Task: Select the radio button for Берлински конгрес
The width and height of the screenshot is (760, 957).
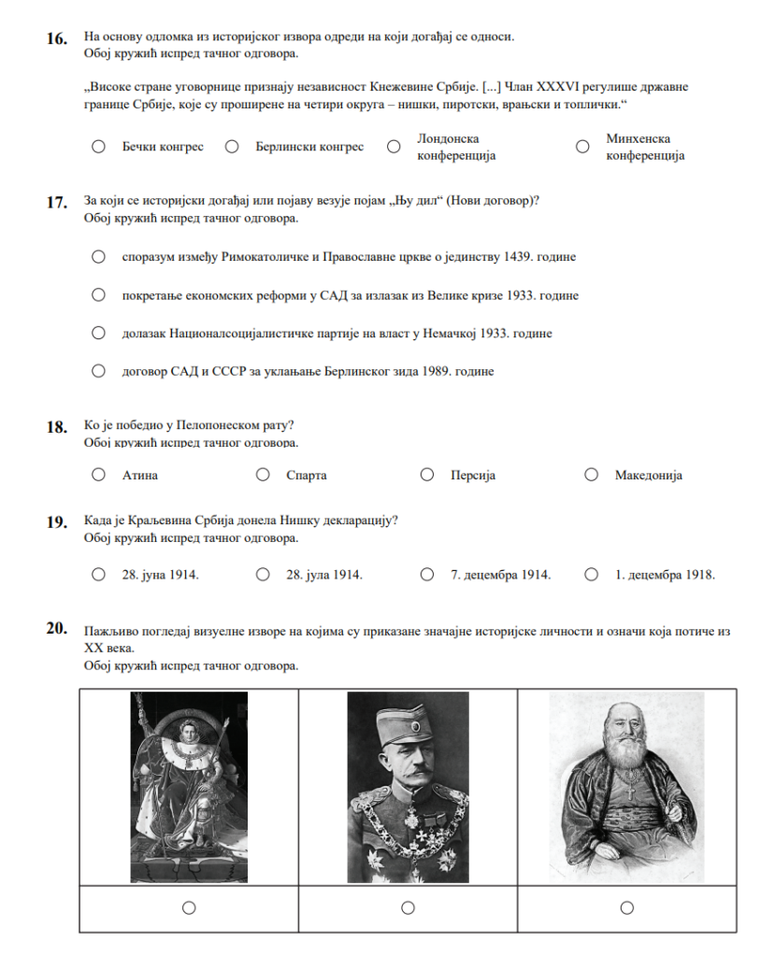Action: coord(234,147)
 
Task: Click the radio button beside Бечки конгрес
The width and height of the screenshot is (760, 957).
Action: coord(98,147)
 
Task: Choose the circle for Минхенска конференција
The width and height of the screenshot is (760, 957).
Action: coord(582,147)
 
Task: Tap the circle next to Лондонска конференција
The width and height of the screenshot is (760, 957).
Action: coord(394,147)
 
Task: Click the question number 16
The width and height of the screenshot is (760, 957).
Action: coord(57,39)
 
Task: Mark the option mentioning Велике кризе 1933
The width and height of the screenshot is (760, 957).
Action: coord(98,295)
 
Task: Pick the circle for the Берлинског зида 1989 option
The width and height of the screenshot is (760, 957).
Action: coord(98,371)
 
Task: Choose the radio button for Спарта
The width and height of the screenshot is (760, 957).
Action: coord(263,475)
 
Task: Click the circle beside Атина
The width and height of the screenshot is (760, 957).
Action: coord(98,475)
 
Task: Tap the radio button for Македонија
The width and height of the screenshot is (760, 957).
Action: coord(591,475)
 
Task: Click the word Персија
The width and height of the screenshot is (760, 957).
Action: coord(472,476)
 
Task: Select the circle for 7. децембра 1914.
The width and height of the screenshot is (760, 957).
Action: coord(427,575)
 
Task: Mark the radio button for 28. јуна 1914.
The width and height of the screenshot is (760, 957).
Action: coord(98,575)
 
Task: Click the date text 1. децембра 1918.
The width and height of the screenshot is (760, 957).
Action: coord(665,576)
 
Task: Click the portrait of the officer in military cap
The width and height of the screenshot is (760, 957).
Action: coord(408,787)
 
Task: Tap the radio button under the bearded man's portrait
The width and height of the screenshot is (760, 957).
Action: coord(626,907)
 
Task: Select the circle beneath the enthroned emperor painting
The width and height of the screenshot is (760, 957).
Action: coord(189,907)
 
